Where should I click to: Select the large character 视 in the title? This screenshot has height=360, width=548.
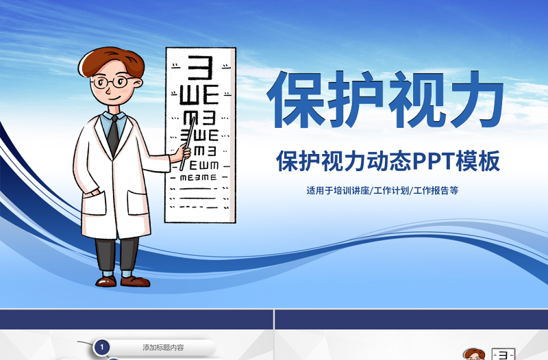pyautogui.click(x=414, y=97)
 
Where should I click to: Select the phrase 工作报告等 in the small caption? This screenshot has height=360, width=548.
pyautogui.click(x=436, y=191)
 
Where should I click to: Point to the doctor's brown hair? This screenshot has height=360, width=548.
pyautogui.click(x=106, y=60)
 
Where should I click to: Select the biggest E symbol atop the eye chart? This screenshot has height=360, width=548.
pyautogui.click(x=200, y=68)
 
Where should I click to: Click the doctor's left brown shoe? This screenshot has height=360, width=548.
pyautogui.click(x=106, y=281)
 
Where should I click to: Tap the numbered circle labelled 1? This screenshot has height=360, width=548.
pyautogui.click(x=102, y=348)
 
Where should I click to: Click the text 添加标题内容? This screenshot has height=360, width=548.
pyautogui.click(x=163, y=348)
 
